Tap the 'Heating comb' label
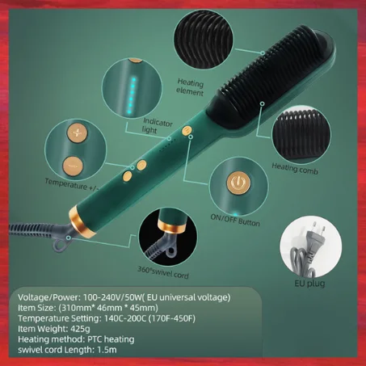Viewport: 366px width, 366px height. point(296,166)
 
